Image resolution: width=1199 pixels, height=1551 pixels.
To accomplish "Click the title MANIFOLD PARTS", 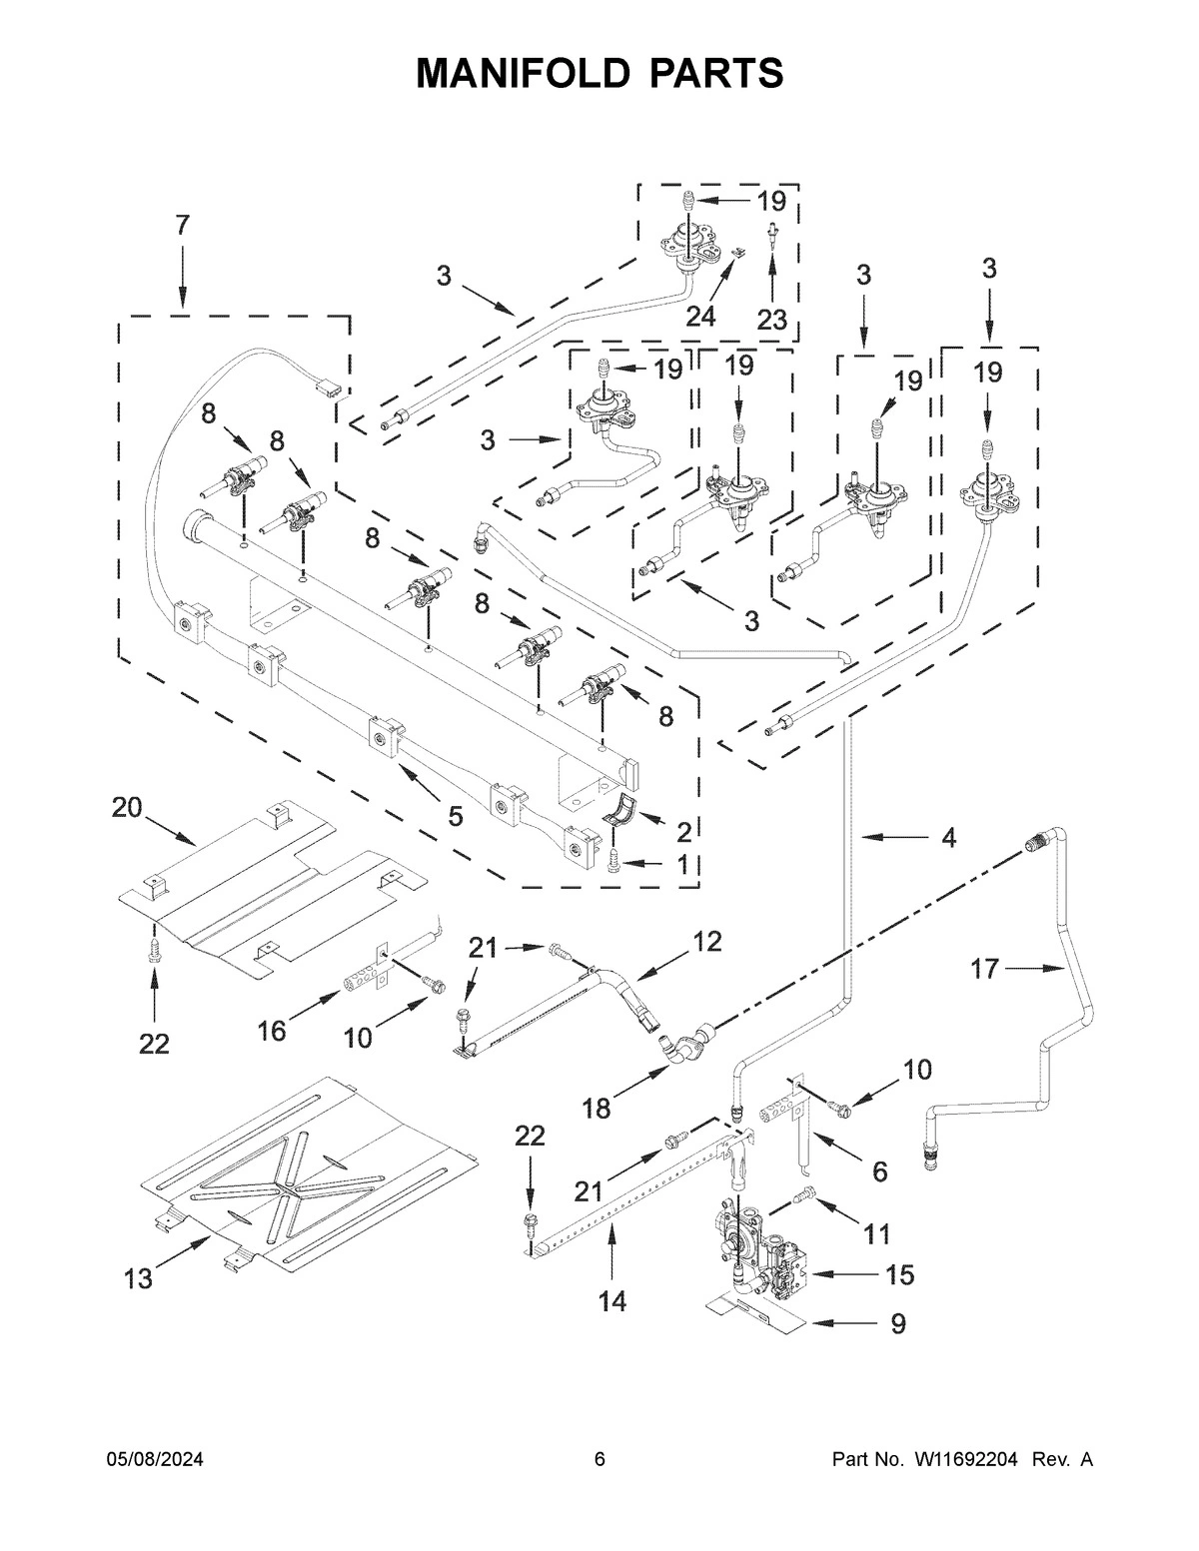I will [599, 73].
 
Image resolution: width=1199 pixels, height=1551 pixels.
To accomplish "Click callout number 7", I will [182, 226].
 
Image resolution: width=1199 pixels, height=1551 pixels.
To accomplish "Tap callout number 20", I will [128, 807].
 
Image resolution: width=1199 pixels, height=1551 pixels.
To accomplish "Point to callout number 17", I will [985, 968].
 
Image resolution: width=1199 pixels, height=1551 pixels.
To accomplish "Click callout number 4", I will [948, 837].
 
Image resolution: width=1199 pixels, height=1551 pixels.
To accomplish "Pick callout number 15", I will [899, 1274].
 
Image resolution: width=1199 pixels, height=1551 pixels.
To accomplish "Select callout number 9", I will [898, 1323].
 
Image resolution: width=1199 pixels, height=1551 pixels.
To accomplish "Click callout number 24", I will [701, 316].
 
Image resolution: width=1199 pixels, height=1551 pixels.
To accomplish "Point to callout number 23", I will [772, 320].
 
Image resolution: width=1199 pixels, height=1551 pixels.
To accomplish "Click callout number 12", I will [706, 941].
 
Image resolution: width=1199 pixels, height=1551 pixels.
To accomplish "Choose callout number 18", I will [597, 1108].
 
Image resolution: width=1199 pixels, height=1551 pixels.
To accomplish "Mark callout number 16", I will [273, 1030].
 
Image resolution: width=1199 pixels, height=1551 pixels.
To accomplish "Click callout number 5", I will [455, 816].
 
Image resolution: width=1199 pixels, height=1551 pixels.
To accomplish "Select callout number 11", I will [876, 1234].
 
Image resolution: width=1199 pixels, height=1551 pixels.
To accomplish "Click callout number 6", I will [879, 1170].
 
